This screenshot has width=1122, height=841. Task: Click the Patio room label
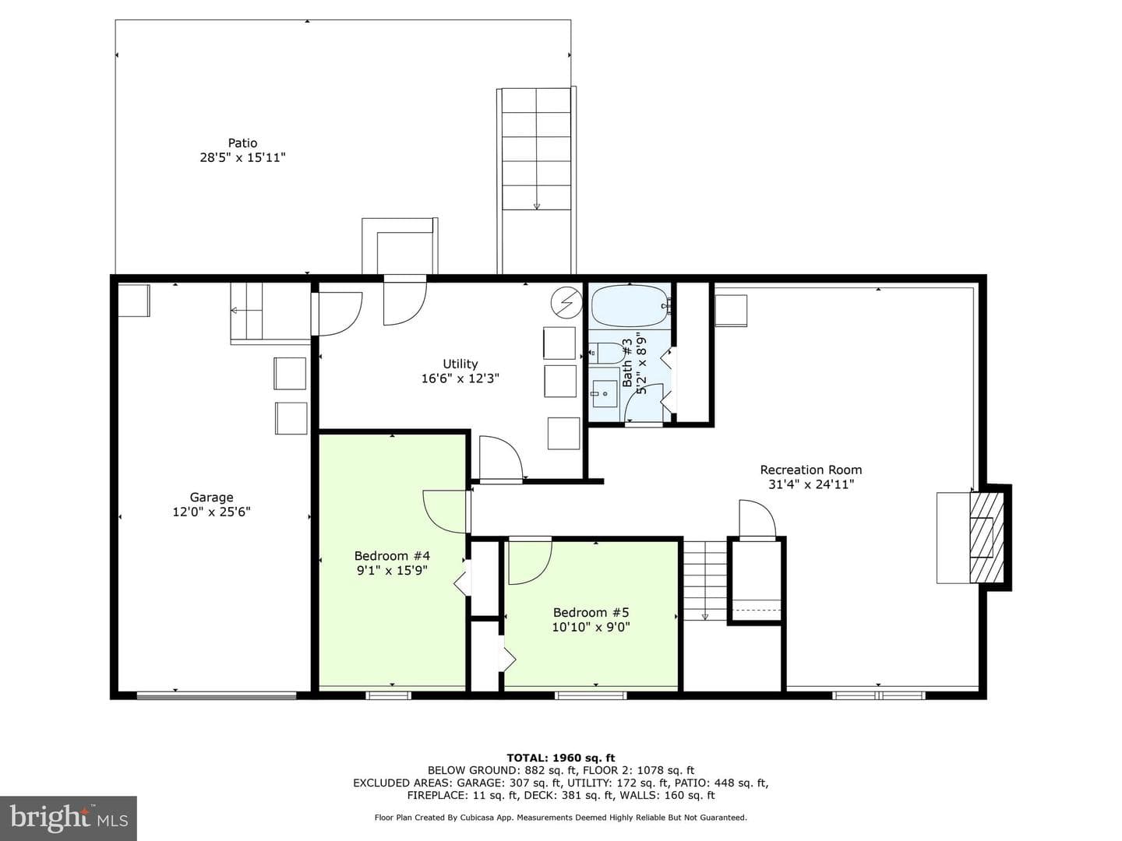pos(242,143)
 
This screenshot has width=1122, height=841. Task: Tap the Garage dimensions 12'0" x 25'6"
pos(212,512)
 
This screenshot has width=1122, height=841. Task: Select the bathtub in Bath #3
pos(630,306)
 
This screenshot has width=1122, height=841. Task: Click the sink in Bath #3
pos(604,395)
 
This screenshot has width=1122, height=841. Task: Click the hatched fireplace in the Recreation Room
pos(986,537)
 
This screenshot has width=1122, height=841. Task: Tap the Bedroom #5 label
pos(591,612)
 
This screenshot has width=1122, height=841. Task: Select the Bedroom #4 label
pos(392,555)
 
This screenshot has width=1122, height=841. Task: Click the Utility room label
pos(460,364)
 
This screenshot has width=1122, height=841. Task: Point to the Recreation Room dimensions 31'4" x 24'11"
pos(811,484)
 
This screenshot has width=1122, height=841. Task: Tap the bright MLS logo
pos(69,818)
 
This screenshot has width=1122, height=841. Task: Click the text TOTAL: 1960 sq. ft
pos(561,758)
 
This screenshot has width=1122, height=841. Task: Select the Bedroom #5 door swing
pos(531,561)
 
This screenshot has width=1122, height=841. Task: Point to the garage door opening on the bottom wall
pos(217,695)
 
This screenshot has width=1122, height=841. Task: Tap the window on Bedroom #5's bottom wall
pos(591,695)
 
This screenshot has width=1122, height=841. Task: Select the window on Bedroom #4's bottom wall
pos(389,695)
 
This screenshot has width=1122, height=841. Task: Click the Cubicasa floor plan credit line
pos(561,818)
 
